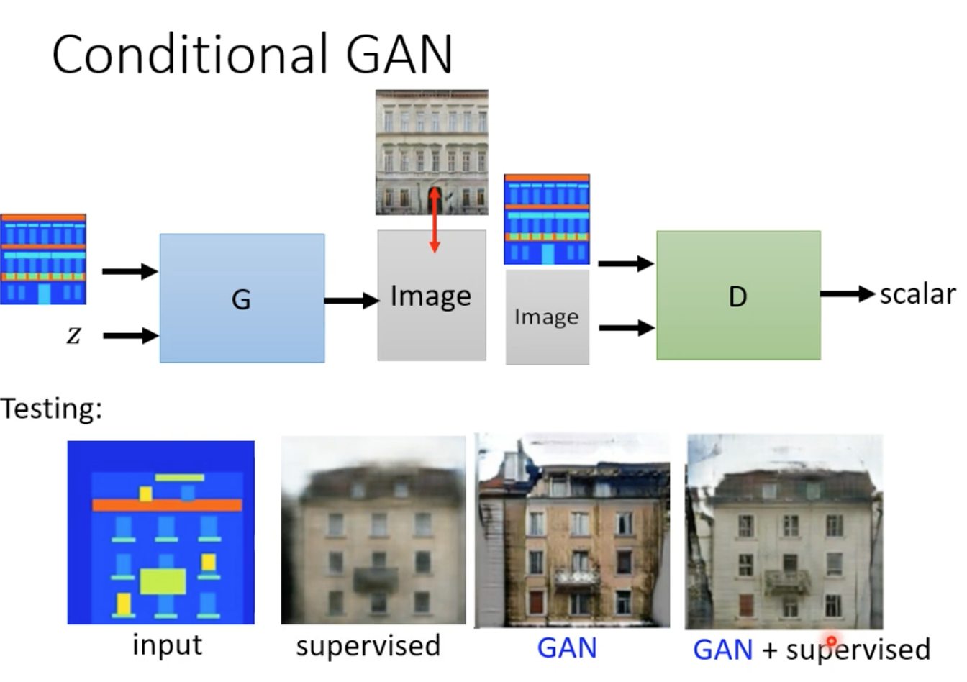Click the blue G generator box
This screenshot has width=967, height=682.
(x=242, y=299)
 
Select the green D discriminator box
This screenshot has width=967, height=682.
(x=739, y=295)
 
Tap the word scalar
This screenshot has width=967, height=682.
(x=918, y=295)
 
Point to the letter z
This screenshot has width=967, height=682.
(x=74, y=335)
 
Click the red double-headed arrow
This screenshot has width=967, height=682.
(x=435, y=220)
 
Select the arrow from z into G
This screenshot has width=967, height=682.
(x=131, y=335)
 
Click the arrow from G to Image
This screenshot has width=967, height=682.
(x=352, y=301)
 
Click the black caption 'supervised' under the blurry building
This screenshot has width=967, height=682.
(x=368, y=646)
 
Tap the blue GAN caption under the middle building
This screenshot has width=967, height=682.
(x=567, y=648)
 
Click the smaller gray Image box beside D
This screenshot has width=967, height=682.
(x=548, y=317)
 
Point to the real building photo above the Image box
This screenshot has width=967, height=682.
(x=432, y=152)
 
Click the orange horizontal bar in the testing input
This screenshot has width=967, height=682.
(x=167, y=505)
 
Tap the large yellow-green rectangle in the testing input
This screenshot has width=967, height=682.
(x=163, y=581)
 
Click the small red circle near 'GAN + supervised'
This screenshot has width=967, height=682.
(x=832, y=641)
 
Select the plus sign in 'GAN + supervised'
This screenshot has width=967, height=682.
(x=770, y=650)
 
